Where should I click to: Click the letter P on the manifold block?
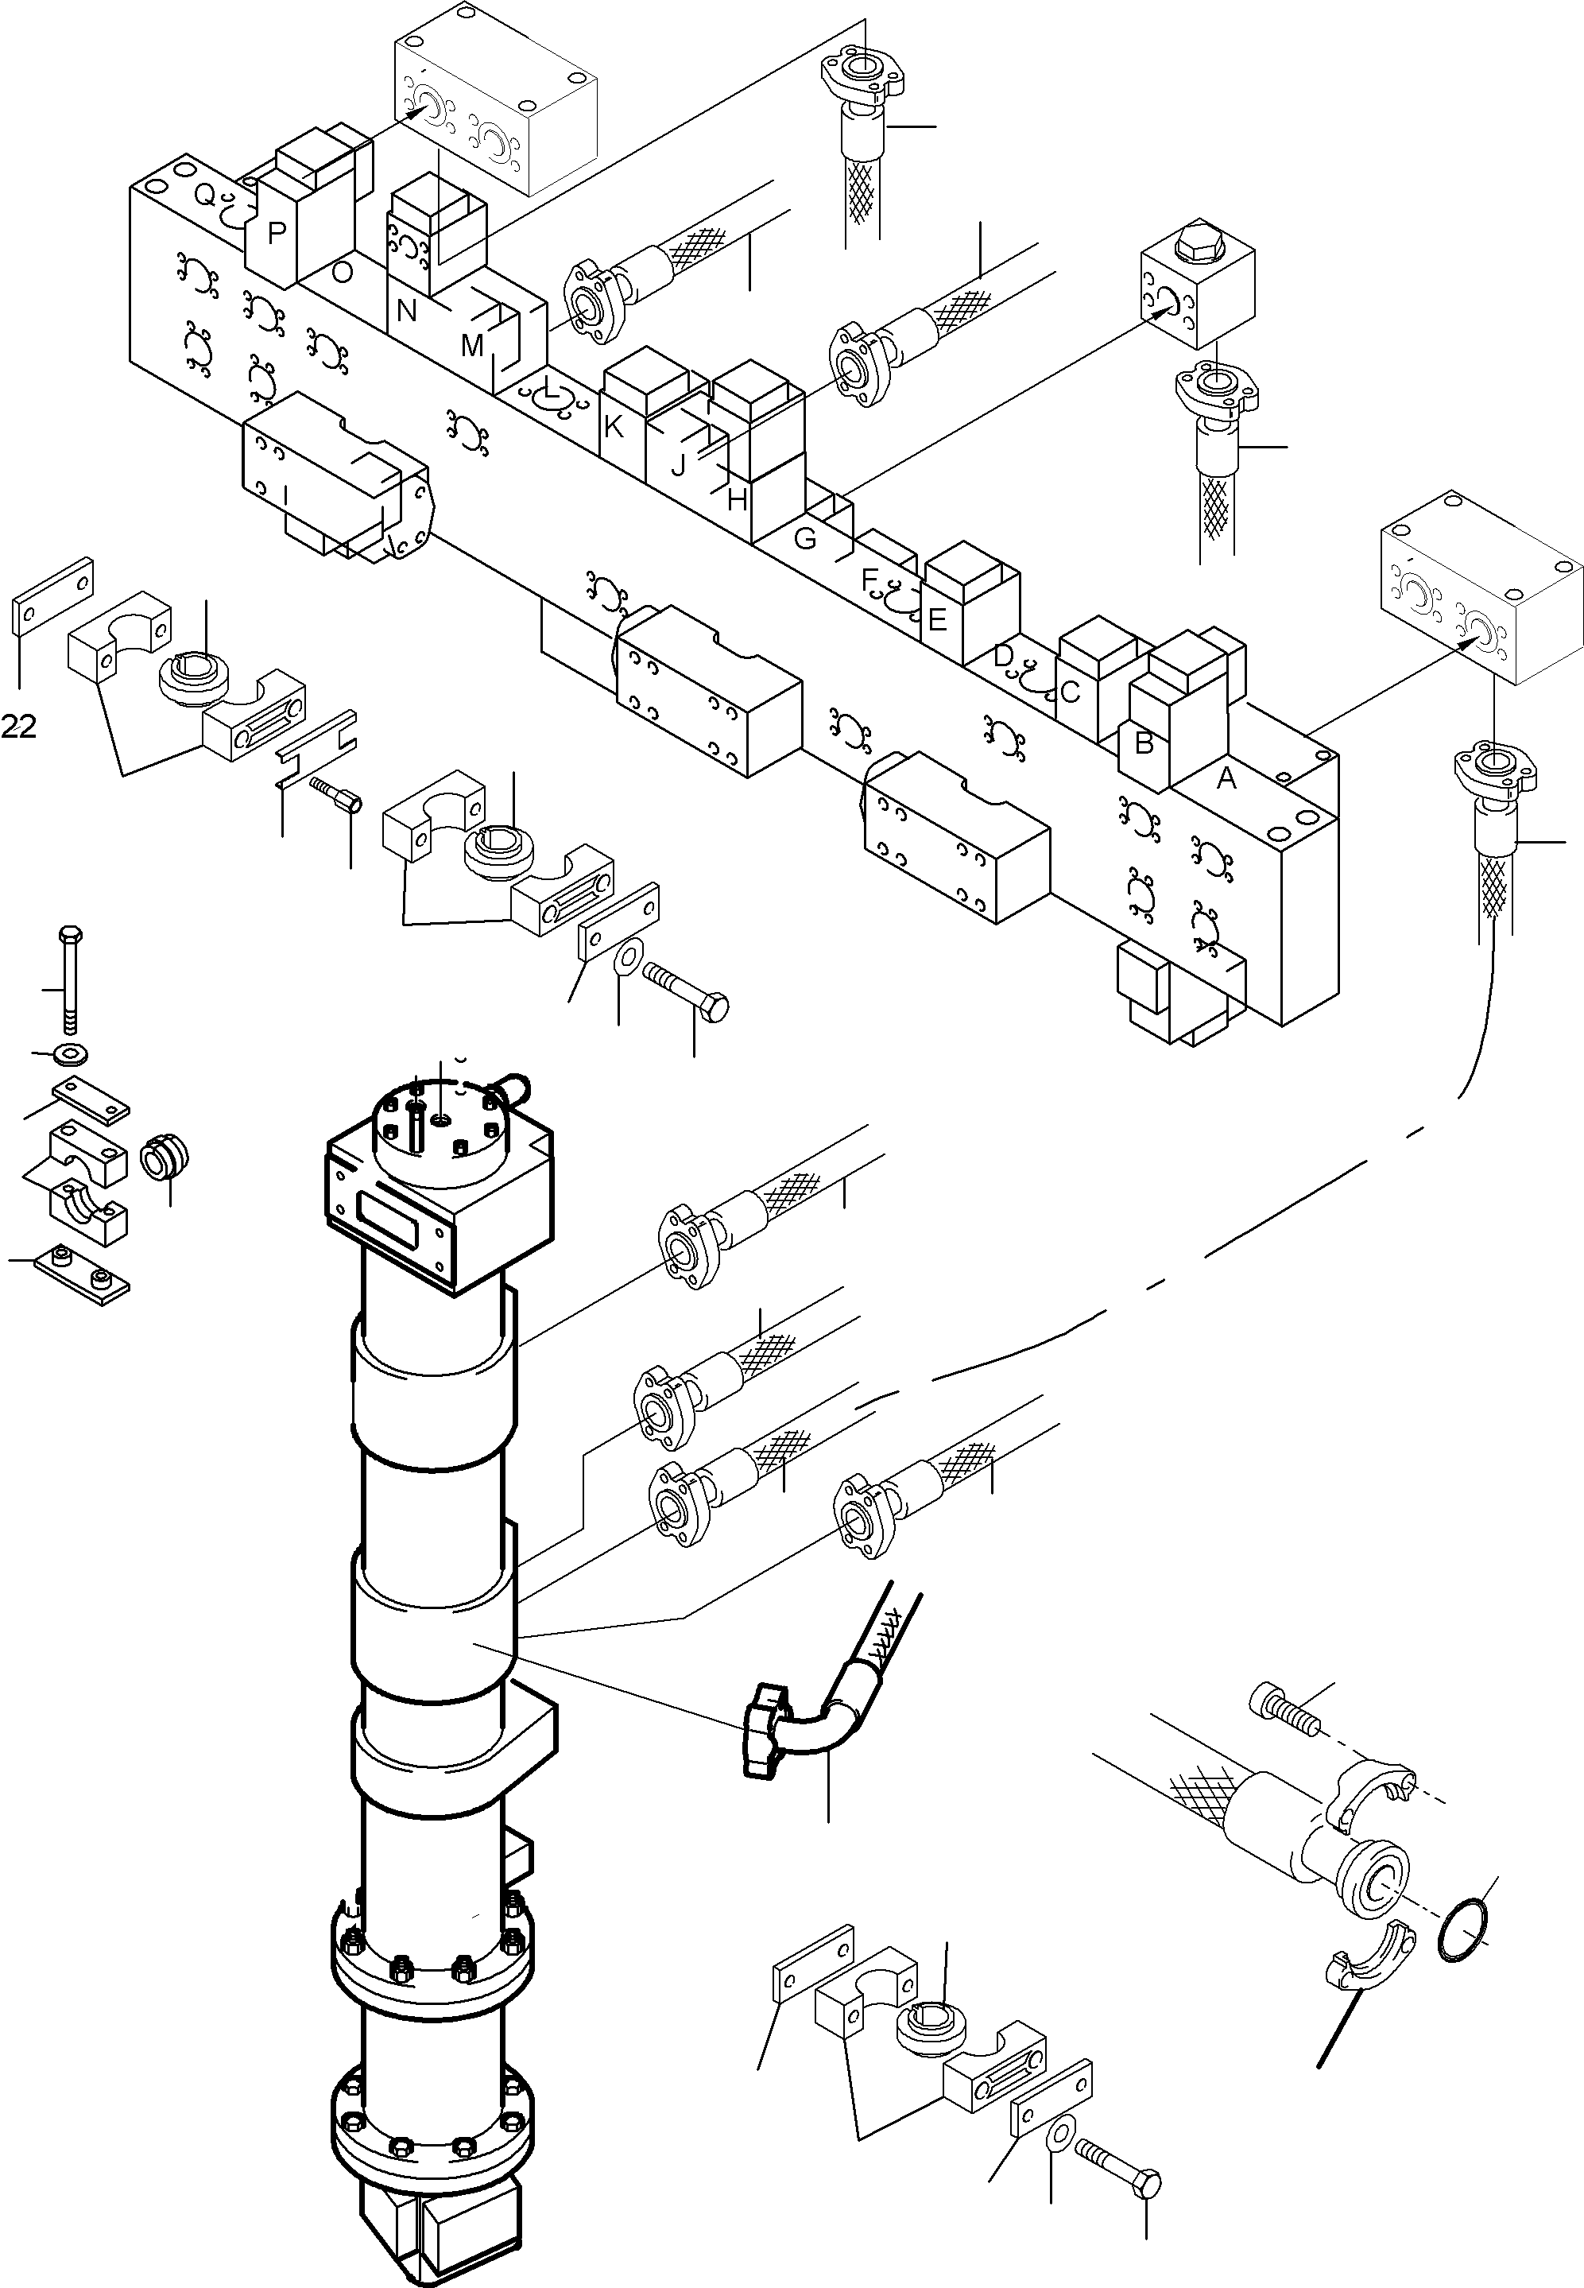(277, 233)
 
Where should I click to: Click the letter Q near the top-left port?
(203, 196)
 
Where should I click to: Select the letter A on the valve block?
(1226, 779)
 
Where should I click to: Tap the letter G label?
(806, 539)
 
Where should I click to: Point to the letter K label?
(614, 427)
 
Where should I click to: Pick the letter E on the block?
(937, 620)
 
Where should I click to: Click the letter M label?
(472, 347)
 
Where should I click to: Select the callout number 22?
(19, 727)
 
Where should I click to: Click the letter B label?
(1144, 743)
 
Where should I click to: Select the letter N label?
(406, 312)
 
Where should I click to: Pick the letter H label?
(737, 500)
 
